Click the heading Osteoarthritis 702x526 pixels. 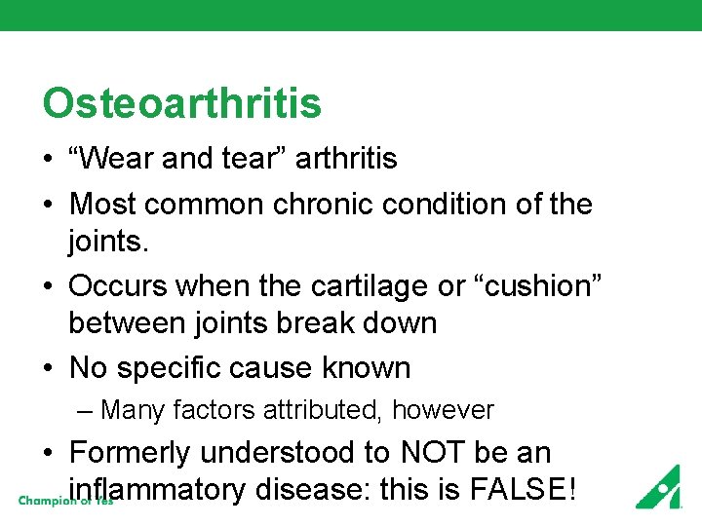pyautogui.click(x=181, y=103)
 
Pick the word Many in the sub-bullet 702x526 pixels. pyautogui.click(x=132, y=410)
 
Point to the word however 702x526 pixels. pyautogui.click(x=443, y=410)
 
